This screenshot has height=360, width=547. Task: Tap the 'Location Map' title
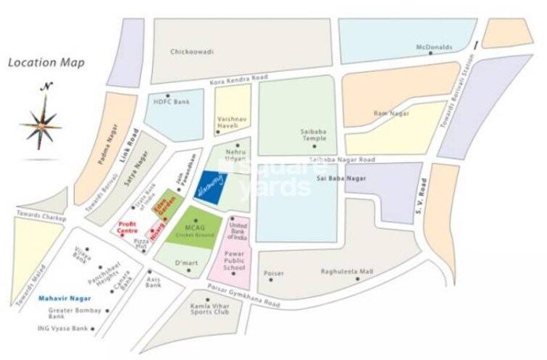tap(46, 62)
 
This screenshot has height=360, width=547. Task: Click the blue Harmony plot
tap(212, 185)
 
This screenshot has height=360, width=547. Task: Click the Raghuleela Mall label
tap(347, 272)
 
